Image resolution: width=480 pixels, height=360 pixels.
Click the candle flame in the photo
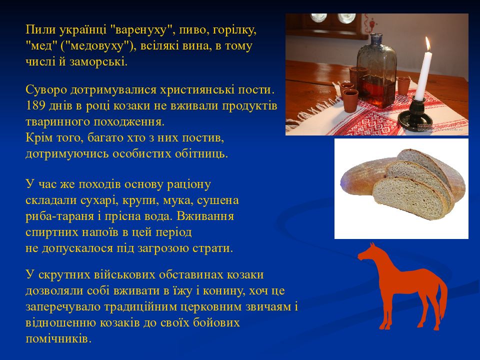[x=427, y=44]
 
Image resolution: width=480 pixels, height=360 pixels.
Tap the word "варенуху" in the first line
[x=141, y=30]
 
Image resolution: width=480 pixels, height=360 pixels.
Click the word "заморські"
[x=98, y=62]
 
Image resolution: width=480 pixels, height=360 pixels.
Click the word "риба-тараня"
[x=59, y=216]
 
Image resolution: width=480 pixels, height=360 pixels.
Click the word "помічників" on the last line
[x=58, y=338]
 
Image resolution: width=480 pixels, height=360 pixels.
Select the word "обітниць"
[x=201, y=153]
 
